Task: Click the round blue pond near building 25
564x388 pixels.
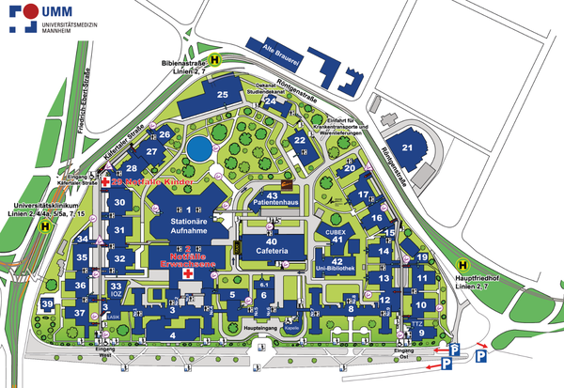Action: [198, 148]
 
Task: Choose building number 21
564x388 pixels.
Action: [407, 147]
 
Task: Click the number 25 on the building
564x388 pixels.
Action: [223, 95]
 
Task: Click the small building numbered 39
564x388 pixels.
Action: [47, 304]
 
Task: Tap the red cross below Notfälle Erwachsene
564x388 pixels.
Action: [189, 276]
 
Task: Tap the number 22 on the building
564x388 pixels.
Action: [300, 141]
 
